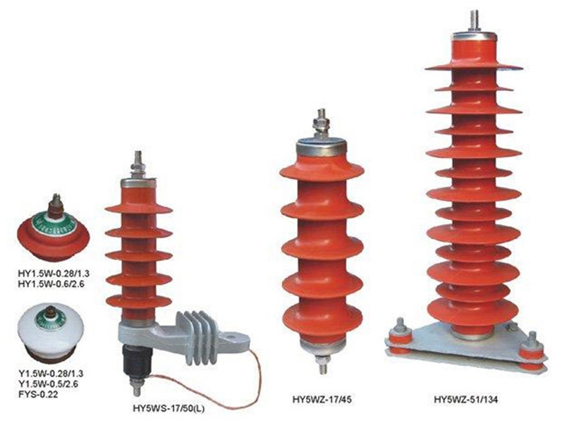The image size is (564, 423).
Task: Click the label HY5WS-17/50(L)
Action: coord(169,408)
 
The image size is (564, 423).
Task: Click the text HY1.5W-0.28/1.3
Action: coord(54,274)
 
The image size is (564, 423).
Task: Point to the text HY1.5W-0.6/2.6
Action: coord(51,284)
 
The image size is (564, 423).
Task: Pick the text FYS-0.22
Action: coord(38,394)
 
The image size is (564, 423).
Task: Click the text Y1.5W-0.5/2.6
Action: coord(48,384)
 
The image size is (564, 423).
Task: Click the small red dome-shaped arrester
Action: coord(54,228)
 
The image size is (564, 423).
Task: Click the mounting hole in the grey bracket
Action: coord(231,338)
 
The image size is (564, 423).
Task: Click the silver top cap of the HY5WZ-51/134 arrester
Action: coord(474,36)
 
